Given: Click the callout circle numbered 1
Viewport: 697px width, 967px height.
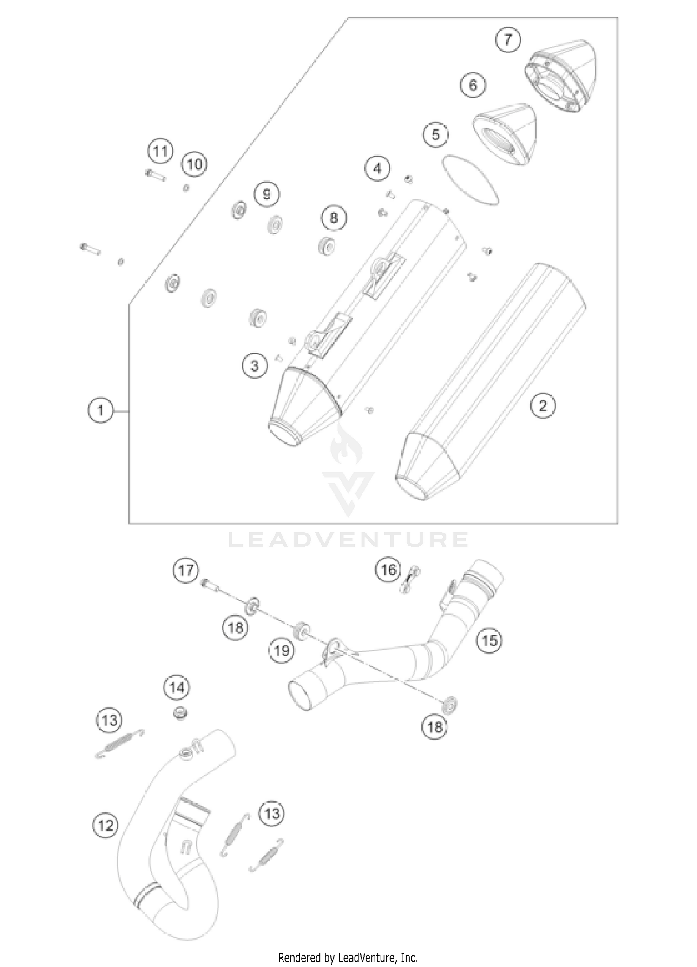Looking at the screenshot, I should pyautogui.click(x=100, y=411).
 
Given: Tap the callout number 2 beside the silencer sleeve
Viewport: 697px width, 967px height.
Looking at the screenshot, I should pyautogui.click(x=543, y=406).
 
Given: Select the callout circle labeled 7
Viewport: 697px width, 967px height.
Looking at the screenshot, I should pyautogui.click(x=507, y=39).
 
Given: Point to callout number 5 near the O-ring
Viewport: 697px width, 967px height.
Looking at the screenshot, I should pyautogui.click(x=435, y=135).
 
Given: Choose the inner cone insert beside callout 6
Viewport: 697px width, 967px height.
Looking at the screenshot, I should pyautogui.click(x=505, y=135).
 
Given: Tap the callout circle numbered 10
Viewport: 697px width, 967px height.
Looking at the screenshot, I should pyautogui.click(x=195, y=164).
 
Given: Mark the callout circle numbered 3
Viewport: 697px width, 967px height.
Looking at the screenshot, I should pyautogui.click(x=255, y=366).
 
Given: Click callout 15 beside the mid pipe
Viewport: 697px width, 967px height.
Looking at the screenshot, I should pyautogui.click(x=489, y=641).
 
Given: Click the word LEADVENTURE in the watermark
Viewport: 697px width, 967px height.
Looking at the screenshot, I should pyautogui.click(x=348, y=539).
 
